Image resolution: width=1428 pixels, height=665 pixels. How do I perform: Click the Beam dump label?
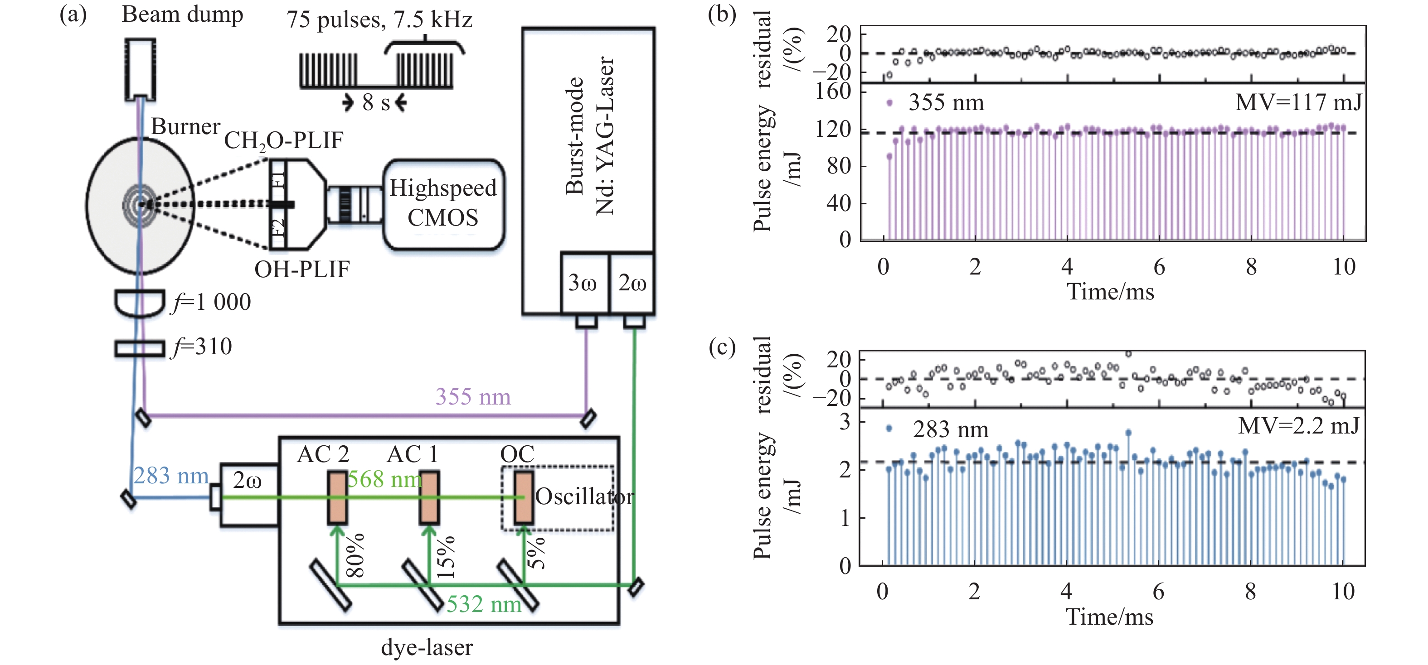click(x=182, y=15)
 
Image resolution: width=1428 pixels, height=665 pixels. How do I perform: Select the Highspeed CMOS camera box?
click(x=443, y=203)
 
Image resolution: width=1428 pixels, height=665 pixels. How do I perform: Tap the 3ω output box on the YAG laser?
click(x=584, y=283)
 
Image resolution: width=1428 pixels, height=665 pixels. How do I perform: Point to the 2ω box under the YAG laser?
click(x=632, y=283)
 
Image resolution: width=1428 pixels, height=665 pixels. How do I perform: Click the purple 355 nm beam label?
click(x=473, y=397)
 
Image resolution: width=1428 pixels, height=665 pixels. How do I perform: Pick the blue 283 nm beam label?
click(x=171, y=476)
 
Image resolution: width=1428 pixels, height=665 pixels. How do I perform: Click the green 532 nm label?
click(x=484, y=604)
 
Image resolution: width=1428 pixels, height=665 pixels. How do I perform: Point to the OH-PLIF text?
click(x=301, y=270)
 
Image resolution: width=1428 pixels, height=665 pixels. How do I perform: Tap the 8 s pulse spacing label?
click(x=376, y=102)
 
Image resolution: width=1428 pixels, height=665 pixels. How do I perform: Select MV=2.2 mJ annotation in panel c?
click(x=1298, y=426)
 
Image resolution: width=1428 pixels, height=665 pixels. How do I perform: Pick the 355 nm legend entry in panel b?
click(x=937, y=102)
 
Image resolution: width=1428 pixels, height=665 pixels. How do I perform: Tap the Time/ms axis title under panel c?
click(x=1109, y=617)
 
